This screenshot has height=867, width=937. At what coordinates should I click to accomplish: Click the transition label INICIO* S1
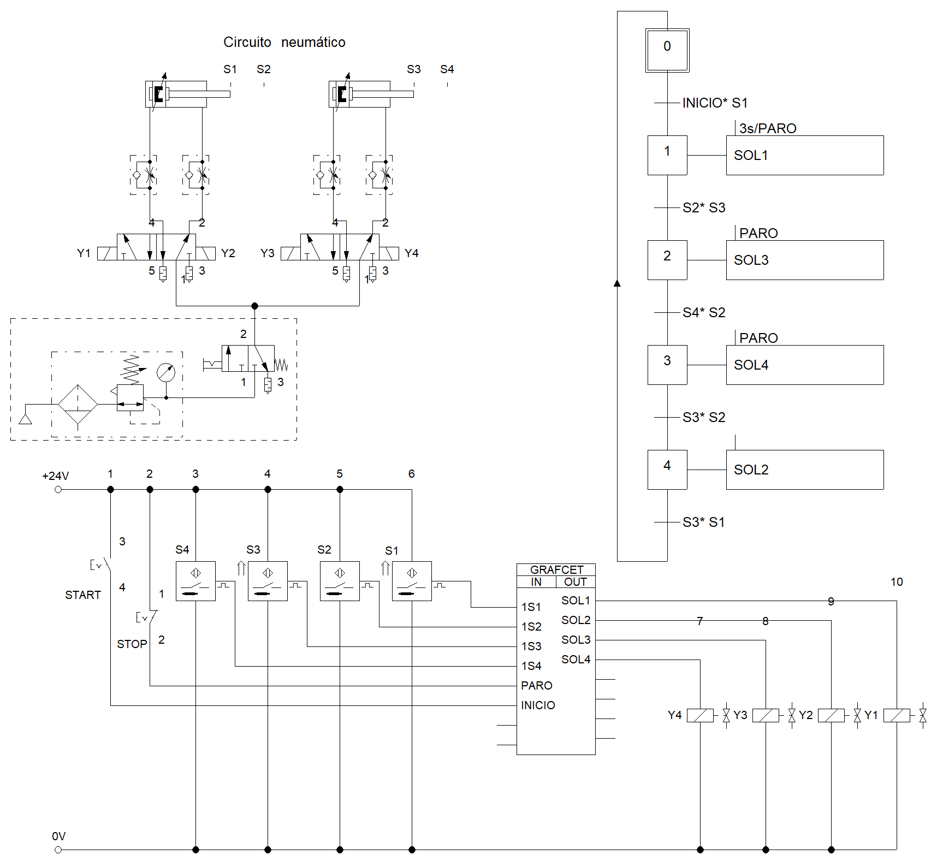[715, 103]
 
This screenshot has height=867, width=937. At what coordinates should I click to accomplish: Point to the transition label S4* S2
[704, 312]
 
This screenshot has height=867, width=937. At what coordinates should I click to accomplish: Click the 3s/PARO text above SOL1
[768, 128]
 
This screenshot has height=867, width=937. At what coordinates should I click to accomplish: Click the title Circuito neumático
[284, 42]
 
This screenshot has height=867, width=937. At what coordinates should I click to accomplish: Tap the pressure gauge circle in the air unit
[166, 372]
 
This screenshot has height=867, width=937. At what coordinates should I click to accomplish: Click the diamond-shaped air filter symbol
[78, 404]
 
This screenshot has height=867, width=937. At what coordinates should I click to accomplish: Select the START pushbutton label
[83, 595]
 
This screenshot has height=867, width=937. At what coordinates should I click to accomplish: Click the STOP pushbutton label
[132, 644]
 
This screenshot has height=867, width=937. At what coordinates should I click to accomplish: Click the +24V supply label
[56, 476]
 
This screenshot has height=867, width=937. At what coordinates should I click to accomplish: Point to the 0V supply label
[58, 836]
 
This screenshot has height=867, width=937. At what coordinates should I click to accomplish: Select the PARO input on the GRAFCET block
[537, 685]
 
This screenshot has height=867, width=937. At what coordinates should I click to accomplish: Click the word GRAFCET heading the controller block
[556, 569]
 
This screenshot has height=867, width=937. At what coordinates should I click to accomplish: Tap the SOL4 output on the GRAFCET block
[576, 659]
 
